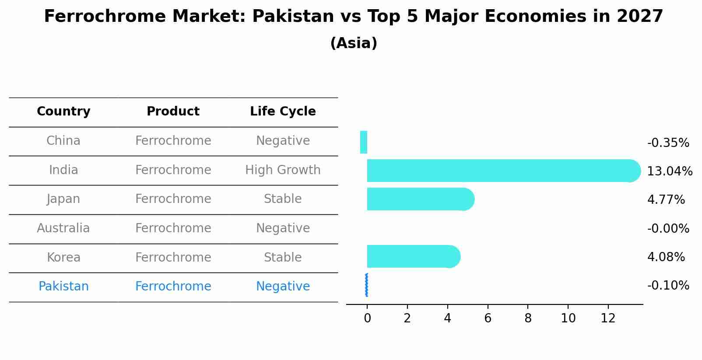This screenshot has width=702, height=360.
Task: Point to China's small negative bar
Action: (x=364, y=142)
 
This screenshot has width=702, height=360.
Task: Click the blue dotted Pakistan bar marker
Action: (x=366, y=285)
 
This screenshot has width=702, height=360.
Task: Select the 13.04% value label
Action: (x=669, y=171)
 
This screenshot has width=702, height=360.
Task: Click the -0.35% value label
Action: (x=668, y=143)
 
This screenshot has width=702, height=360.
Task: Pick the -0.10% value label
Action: (x=668, y=286)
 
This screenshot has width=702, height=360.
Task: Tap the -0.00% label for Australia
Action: (x=668, y=228)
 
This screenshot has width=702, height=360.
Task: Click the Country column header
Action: (x=63, y=112)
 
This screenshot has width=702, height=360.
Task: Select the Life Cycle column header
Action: (x=283, y=112)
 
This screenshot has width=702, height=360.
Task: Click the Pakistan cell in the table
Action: (x=63, y=287)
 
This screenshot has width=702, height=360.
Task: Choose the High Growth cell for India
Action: (x=283, y=170)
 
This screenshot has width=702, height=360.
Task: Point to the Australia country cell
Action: (x=63, y=228)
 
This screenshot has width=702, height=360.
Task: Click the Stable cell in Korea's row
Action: (x=283, y=257)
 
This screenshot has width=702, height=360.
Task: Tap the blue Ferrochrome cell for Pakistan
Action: (x=173, y=287)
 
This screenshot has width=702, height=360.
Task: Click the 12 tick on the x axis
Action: (x=608, y=318)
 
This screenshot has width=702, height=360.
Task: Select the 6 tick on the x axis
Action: (x=488, y=318)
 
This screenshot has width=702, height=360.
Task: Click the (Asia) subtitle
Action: (x=354, y=43)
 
